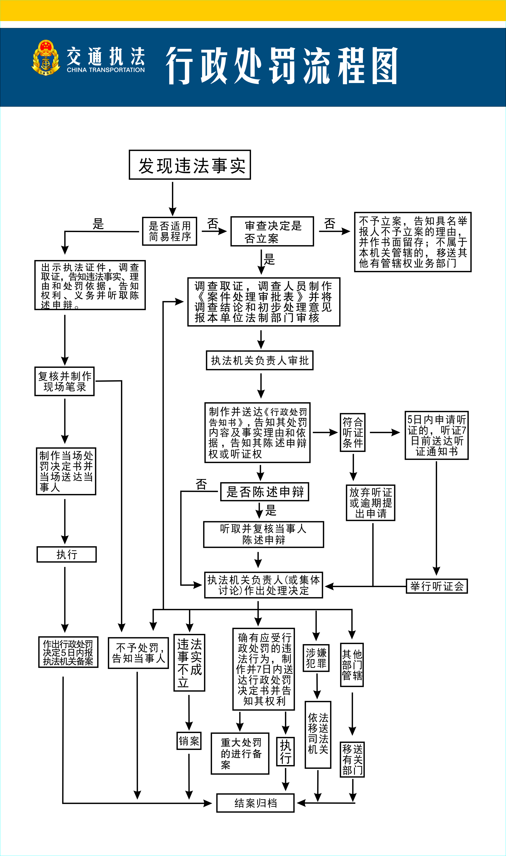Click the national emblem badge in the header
[x=46, y=58]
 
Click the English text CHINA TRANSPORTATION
[x=106, y=70]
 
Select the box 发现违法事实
[x=190, y=165]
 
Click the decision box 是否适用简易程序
[x=169, y=231]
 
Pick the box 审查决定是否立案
[x=272, y=231]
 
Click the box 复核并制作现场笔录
[x=64, y=381]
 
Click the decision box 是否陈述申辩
[x=265, y=492]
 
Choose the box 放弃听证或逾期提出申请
[x=371, y=503]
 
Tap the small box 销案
[x=189, y=741]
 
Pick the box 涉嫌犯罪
[x=316, y=658]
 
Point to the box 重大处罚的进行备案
[x=240, y=753]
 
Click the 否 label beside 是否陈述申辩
[x=202, y=484]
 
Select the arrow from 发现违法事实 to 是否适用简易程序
[x=173, y=198]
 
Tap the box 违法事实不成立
[x=189, y=663]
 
